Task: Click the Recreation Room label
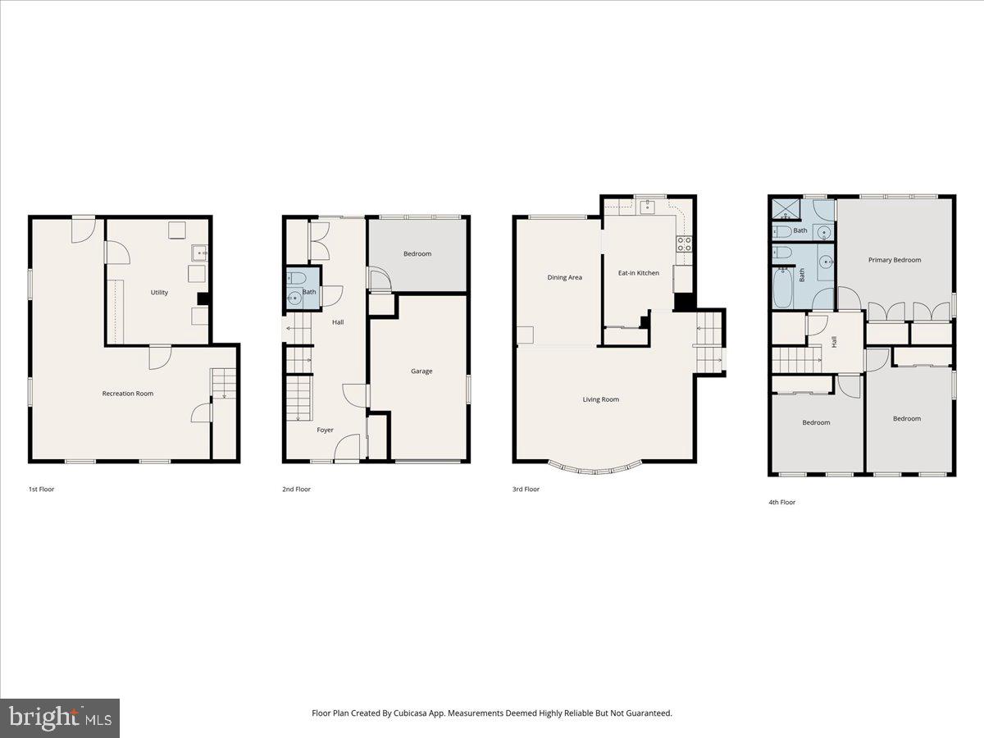127,394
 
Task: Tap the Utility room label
159,293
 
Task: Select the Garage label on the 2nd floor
421,371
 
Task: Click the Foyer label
326,430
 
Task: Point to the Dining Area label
564,277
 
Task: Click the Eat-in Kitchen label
638,273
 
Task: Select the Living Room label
600,399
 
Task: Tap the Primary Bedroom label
895,260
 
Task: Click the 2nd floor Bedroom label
417,254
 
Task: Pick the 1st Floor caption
41,490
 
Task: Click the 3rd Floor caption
526,490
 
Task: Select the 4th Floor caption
781,502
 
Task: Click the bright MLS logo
60,718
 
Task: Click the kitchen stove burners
683,243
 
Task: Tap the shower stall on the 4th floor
782,210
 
